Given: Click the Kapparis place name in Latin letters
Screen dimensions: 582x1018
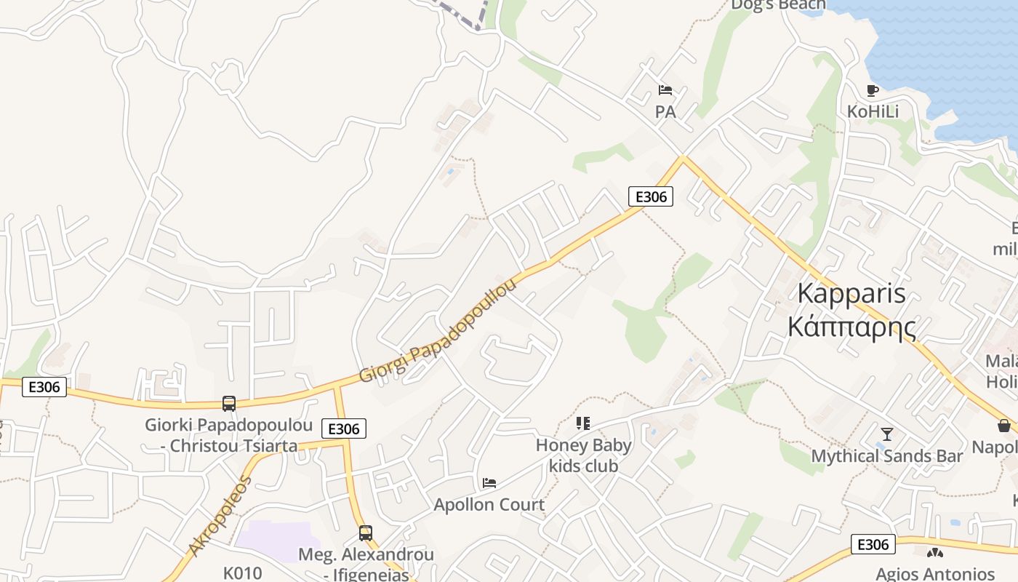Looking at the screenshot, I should coord(851,293).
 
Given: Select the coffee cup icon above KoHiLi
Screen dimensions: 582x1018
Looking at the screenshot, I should coord(873,91).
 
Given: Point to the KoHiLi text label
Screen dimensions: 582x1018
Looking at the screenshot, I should coord(873,111).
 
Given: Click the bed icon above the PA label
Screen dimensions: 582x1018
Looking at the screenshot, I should coord(665,91).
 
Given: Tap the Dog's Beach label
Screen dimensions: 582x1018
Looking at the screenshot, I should coord(778,5).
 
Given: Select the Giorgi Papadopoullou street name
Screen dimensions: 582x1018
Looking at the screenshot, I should coord(438,332).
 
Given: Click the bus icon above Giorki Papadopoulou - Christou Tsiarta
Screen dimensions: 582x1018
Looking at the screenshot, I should coord(229,404).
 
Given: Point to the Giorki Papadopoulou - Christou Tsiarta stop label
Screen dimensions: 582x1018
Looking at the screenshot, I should coord(229,435).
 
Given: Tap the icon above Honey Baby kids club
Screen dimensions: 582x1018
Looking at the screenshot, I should coord(582,423).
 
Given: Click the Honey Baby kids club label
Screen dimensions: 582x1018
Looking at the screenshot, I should coord(583,455).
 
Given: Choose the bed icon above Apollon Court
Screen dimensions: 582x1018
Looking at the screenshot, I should coord(489,483).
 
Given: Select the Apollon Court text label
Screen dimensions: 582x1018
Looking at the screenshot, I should coord(489,504).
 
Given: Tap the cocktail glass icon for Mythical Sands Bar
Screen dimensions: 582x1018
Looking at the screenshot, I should coord(886,434).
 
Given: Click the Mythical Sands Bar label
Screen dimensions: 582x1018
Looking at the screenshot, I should coord(886,456).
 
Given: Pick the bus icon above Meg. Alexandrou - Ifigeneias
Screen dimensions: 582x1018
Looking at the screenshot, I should coord(366,533).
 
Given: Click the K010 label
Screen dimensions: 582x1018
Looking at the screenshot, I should coord(242,573).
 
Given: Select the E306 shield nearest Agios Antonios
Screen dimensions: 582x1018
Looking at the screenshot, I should coord(873,544).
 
